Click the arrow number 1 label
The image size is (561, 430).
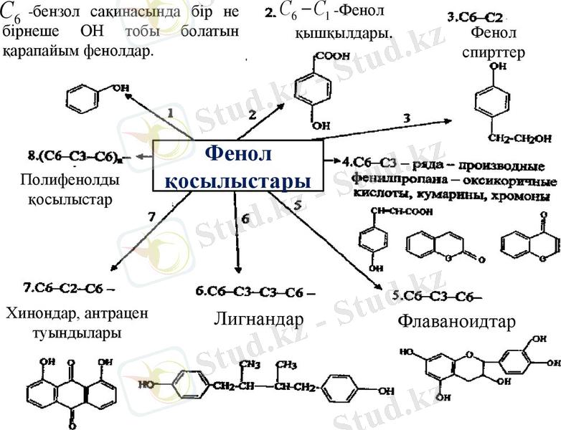click(170, 113)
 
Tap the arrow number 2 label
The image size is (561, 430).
click(252, 115)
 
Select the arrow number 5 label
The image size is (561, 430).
click(299, 205)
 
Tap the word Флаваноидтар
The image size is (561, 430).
click(456, 322)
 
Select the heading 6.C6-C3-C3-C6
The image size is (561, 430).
click(255, 291)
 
